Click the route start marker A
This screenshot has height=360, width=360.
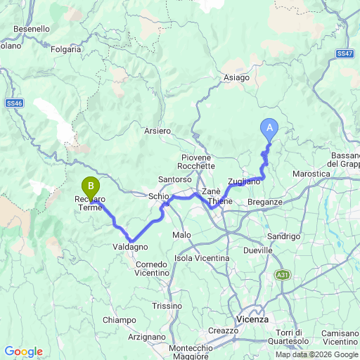269,128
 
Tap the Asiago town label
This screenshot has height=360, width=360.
236,78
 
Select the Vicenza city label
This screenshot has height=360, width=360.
252,319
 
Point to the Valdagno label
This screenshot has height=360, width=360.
130,247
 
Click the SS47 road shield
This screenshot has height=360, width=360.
344,53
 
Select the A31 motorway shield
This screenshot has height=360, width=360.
283,274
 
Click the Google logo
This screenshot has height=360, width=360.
23,352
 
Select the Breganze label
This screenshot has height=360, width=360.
265,202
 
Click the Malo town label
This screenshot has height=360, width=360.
181,235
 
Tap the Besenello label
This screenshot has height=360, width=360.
32,29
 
